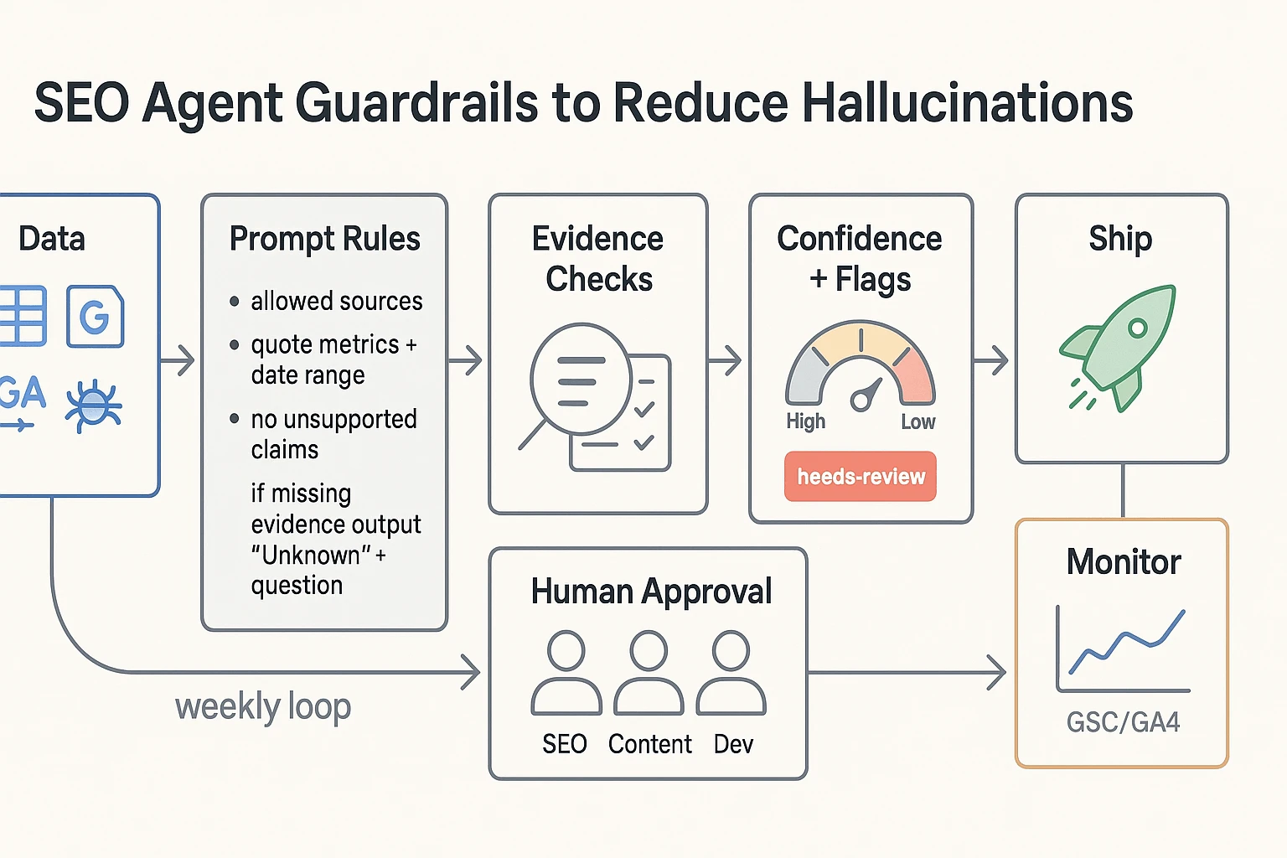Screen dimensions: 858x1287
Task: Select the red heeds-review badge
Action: pyautogui.click(x=861, y=477)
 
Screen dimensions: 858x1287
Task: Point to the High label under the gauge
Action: pyautogui.click(x=805, y=421)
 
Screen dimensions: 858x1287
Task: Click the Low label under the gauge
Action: pyautogui.click(x=917, y=422)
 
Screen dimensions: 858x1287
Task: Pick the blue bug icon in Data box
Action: pyautogui.click(x=94, y=406)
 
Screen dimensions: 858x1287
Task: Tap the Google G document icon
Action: pyautogui.click(x=95, y=317)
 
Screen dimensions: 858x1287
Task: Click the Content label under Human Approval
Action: pyautogui.click(x=649, y=744)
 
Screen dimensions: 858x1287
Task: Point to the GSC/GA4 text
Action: pyautogui.click(x=1123, y=722)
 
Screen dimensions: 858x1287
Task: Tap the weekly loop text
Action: pyautogui.click(x=263, y=706)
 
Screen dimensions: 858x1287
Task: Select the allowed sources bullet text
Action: pyautogui.click(x=336, y=301)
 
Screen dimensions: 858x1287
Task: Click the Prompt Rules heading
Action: pyautogui.click(x=324, y=239)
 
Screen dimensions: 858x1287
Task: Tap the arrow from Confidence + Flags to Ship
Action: pyautogui.click(x=991, y=361)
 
